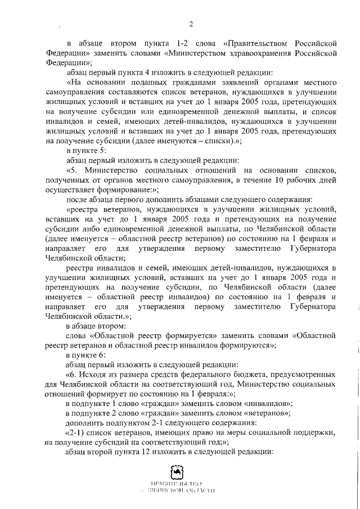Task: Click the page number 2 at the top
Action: (191, 24)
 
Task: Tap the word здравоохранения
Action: (249, 53)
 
